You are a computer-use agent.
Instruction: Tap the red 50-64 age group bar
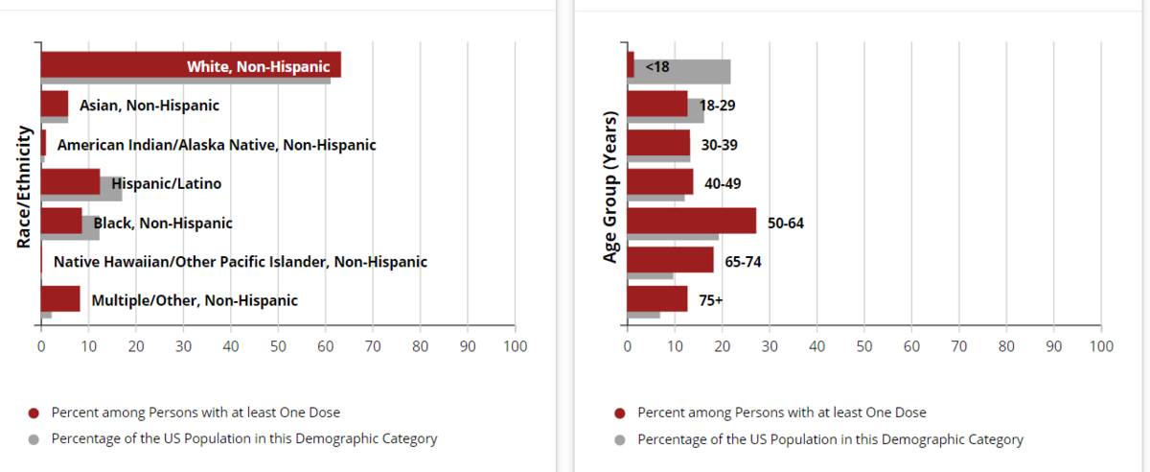tap(690, 221)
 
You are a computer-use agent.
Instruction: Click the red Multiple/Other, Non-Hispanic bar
tap(59, 298)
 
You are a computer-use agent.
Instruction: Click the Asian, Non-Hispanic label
tap(149, 105)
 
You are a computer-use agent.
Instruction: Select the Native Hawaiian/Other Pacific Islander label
tap(240, 261)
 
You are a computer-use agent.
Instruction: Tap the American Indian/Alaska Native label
tap(217, 145)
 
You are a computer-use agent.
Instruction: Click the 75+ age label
tap(711, 300)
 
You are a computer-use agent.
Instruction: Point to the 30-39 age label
tap(719, 145)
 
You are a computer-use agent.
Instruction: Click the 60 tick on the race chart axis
tap(325, 345)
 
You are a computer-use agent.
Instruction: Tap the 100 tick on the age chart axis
tap(1101, 345)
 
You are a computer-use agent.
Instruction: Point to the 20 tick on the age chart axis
tap(722, 345)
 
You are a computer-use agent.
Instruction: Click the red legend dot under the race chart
tap(33, 413)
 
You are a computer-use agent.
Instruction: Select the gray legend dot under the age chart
tap(619, 440)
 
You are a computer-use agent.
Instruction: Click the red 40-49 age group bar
tap(658, 181)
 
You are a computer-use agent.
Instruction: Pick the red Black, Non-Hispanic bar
tap(61, 221)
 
